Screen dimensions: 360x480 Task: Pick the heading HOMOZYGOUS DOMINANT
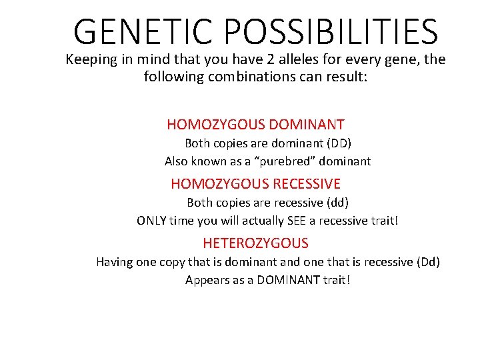255,125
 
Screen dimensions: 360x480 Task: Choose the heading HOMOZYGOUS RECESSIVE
255,183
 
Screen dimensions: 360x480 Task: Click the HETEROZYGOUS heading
255,243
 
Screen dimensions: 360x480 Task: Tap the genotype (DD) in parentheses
339,143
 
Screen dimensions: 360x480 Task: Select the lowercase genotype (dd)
336,202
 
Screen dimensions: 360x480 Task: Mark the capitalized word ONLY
152,221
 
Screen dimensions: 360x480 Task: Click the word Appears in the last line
207,280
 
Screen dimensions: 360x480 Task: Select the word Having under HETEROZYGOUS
114,262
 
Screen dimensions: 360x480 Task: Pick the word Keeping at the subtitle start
91,59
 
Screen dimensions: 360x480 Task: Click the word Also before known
177,161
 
